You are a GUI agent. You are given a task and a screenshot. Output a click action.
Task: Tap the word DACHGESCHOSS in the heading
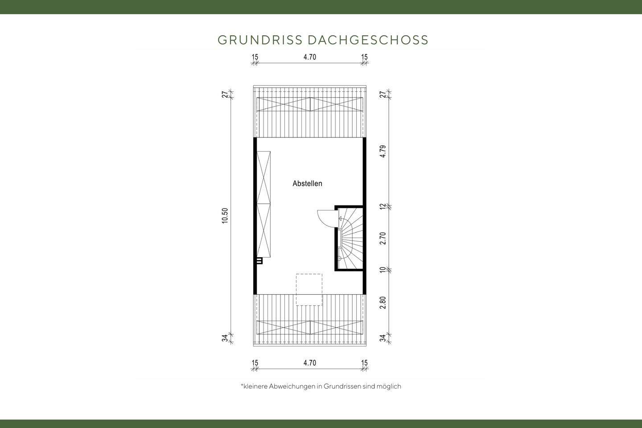point(368,40)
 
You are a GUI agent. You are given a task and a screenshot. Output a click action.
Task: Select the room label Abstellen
point(307,183)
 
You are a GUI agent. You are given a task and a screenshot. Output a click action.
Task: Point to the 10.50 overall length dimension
point(225,216)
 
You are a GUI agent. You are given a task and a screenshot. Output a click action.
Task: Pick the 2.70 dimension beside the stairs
point(383,238)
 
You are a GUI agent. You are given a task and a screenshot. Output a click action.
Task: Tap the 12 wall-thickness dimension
point(383,206)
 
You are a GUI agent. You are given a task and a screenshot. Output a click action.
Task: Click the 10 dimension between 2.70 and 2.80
point(383,270)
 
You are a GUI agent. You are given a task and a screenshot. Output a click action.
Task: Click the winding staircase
point(351,239)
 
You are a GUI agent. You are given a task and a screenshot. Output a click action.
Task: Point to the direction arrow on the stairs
point(340,219)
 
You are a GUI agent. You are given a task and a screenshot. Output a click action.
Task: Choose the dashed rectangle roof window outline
point(309,290)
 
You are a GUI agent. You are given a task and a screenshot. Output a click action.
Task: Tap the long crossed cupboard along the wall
point(263,204)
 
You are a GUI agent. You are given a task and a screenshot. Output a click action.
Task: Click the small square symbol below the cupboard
point(259,261)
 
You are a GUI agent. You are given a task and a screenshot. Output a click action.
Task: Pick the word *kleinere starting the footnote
point(254,387)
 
